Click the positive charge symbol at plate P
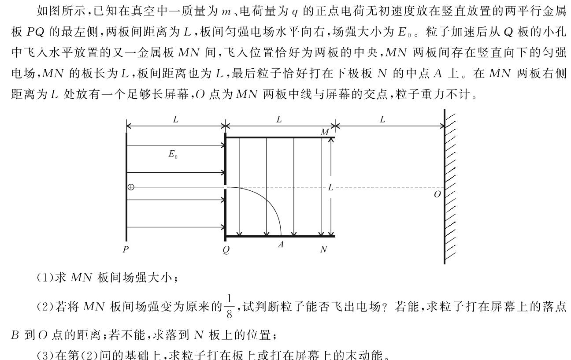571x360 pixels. coord(131,187)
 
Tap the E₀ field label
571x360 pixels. coord(173,154)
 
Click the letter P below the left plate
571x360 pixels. coord(126,249)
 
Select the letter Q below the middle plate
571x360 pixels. coord(226,249)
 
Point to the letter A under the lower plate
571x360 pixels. coord(281,245)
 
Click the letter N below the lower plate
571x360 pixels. coord(323,249)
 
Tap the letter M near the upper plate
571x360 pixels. coord(325,132)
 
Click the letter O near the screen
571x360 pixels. coord(437,194)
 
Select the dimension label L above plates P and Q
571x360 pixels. coord(176,119)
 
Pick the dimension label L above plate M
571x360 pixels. coord(279,119)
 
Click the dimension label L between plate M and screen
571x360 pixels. coord(382,119)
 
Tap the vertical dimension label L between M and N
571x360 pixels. coord(330,187)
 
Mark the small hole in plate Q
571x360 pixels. coord(225,187)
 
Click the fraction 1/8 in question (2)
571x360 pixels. coord(229,306)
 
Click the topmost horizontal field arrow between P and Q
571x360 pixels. coord(176,145)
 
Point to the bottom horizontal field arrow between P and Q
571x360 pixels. coord(176,227)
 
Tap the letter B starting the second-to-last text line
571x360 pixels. coord(15,335)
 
